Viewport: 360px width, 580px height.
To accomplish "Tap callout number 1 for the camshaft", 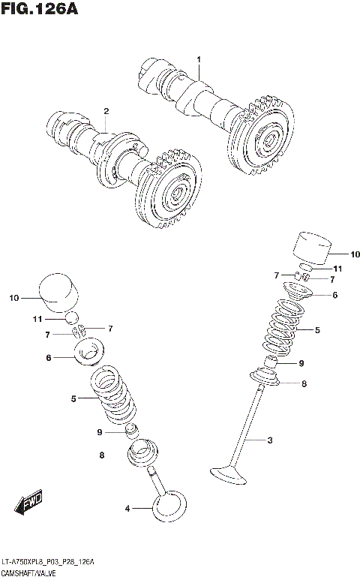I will point(199,59).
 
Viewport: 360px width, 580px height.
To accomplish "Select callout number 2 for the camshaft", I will point(106,111).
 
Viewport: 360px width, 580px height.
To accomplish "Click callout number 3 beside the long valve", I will point(269,440).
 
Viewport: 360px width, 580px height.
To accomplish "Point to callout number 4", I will point(127,509).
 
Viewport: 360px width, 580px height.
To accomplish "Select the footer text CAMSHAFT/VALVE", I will point(30,572).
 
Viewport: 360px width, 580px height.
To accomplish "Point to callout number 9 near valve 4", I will point(99,432).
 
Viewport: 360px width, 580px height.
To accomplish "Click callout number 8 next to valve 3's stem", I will point(304,384).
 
